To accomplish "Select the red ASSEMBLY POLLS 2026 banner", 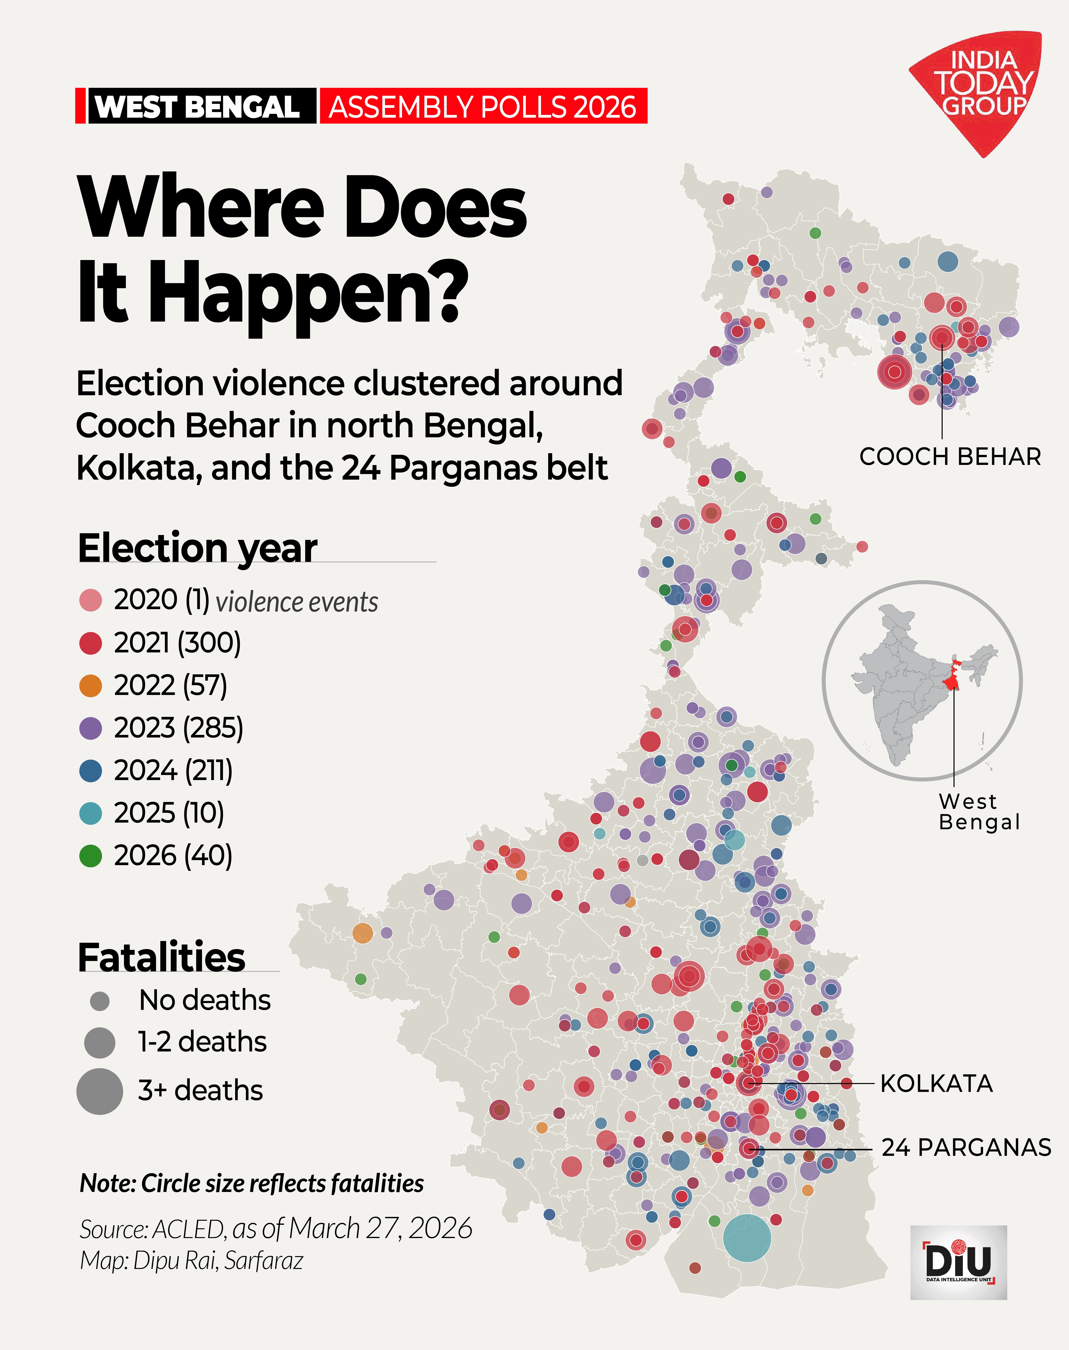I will (x=483, y=106).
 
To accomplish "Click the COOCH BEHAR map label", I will (x=950, y=457).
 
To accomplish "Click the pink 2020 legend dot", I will (x=91, y=600).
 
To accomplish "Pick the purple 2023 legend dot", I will (x=91, y=728).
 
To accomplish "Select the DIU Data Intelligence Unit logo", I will (x=958, y=1262).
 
